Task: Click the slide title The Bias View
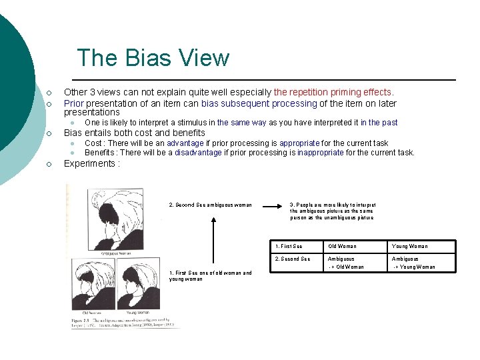coord(153,58)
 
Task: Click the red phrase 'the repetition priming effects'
coord(333,93)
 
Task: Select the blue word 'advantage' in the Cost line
coord(185,143)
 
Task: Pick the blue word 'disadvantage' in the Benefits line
coord(198,153)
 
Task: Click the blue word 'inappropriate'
coord(321,153)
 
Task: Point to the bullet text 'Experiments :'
coord(91,164)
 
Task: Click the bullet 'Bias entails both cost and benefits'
coord(134,133)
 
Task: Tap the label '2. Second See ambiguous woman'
coord(211,205)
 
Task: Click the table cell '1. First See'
coord(289,247)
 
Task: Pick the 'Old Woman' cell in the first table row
coord(342,247)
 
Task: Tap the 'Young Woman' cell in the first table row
coord(409,247)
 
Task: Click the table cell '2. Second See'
coord(292,259)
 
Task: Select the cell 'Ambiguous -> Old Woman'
coord(346,263)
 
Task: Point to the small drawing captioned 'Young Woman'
coord(137,285)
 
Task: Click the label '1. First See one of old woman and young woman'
coord(211,276)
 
